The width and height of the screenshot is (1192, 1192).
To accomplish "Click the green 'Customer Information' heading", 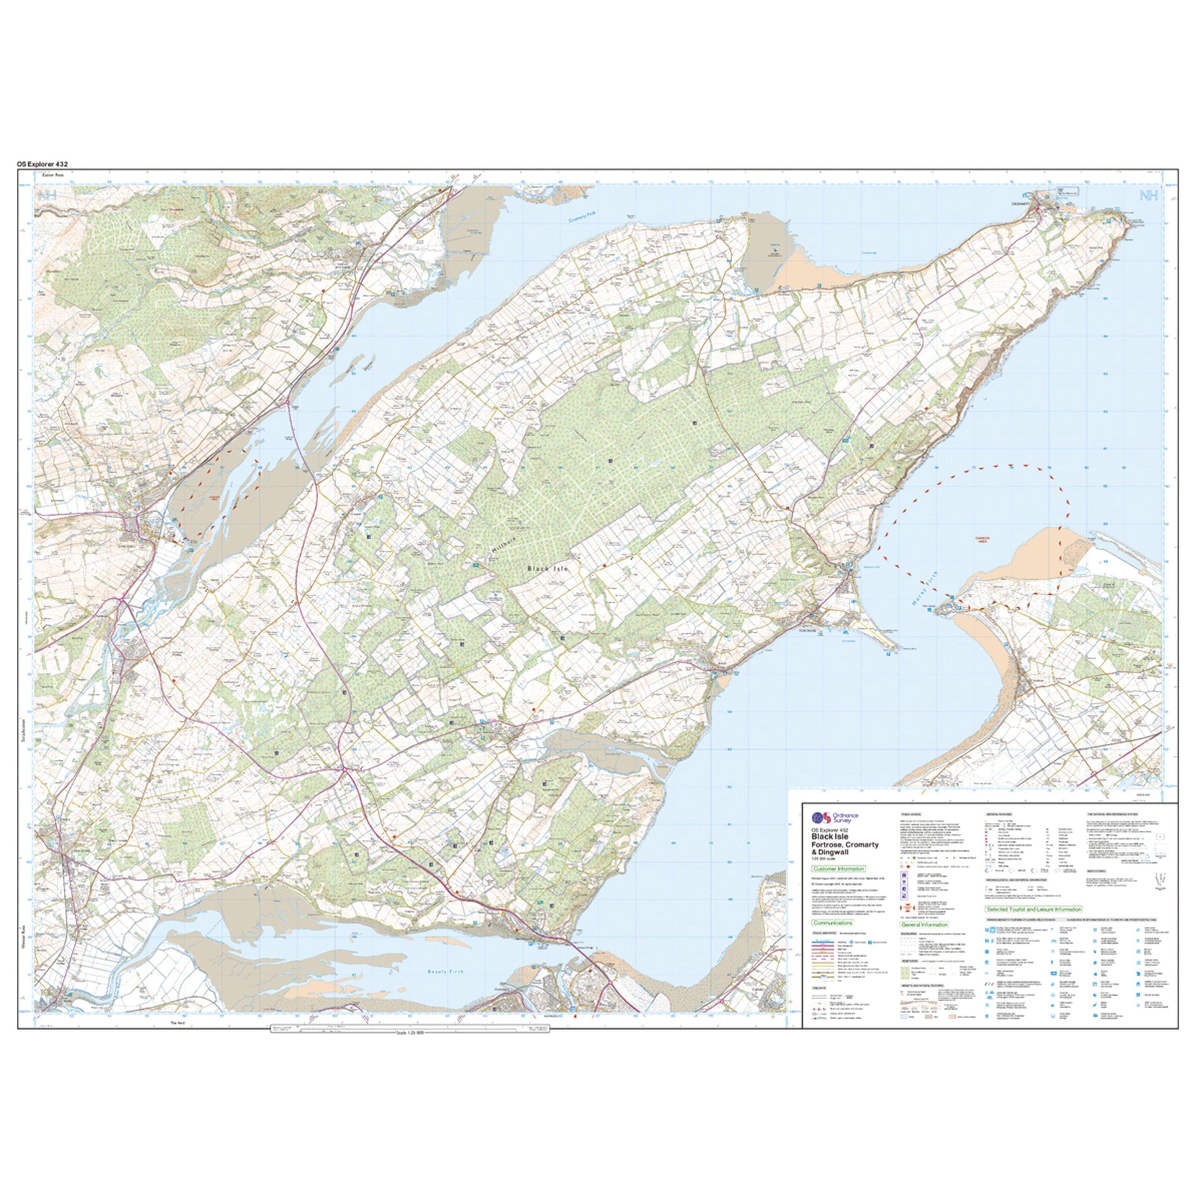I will click(x=839, y=869).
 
